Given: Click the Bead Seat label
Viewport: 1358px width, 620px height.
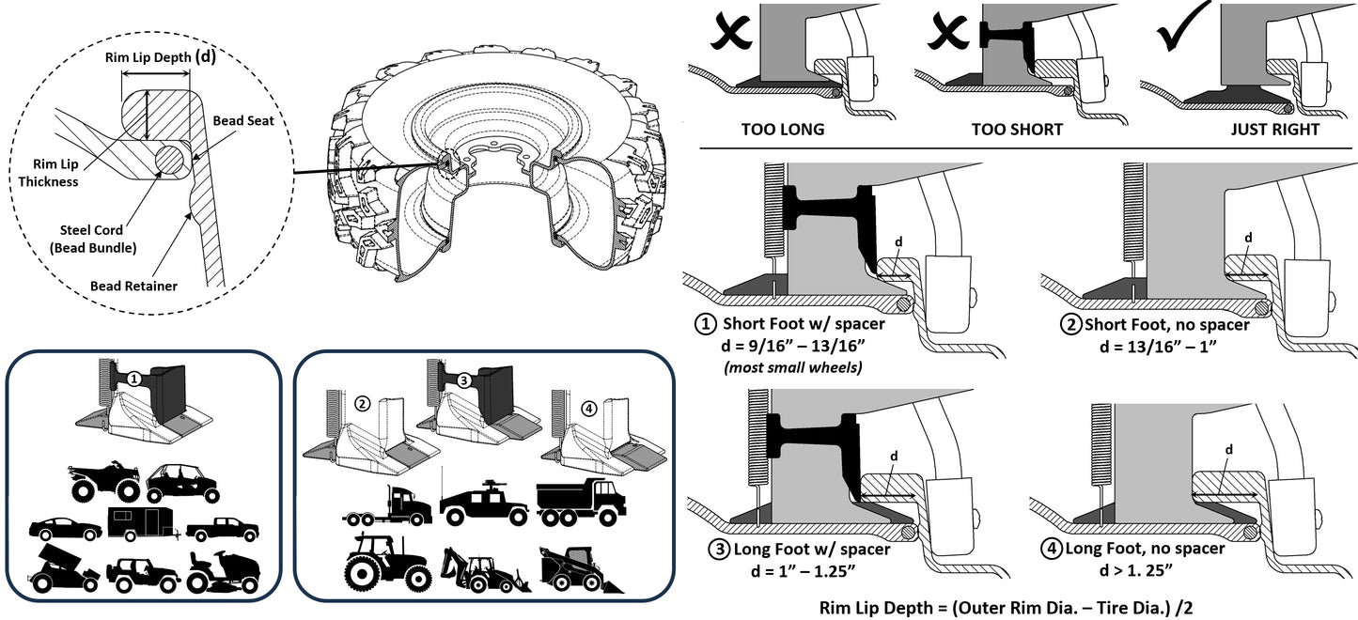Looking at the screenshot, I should (x=242, y=121).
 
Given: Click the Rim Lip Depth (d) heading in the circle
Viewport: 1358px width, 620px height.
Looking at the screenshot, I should (x=160, y=57).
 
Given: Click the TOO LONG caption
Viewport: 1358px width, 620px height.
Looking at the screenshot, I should (x=782, y=129).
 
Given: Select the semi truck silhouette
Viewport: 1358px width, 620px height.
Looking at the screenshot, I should (x=386, y=507).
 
